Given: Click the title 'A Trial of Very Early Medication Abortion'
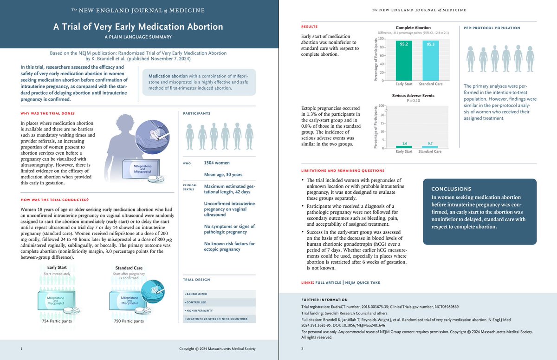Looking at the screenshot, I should pyautogui.click(x=139, y=27).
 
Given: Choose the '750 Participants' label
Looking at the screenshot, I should pyautogui.click(x=129, y=321).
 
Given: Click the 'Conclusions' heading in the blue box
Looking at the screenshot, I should pyautogui.click(x=451, y=189).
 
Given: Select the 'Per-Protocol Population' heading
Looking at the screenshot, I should pyautogui.click(x=492, y=28).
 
